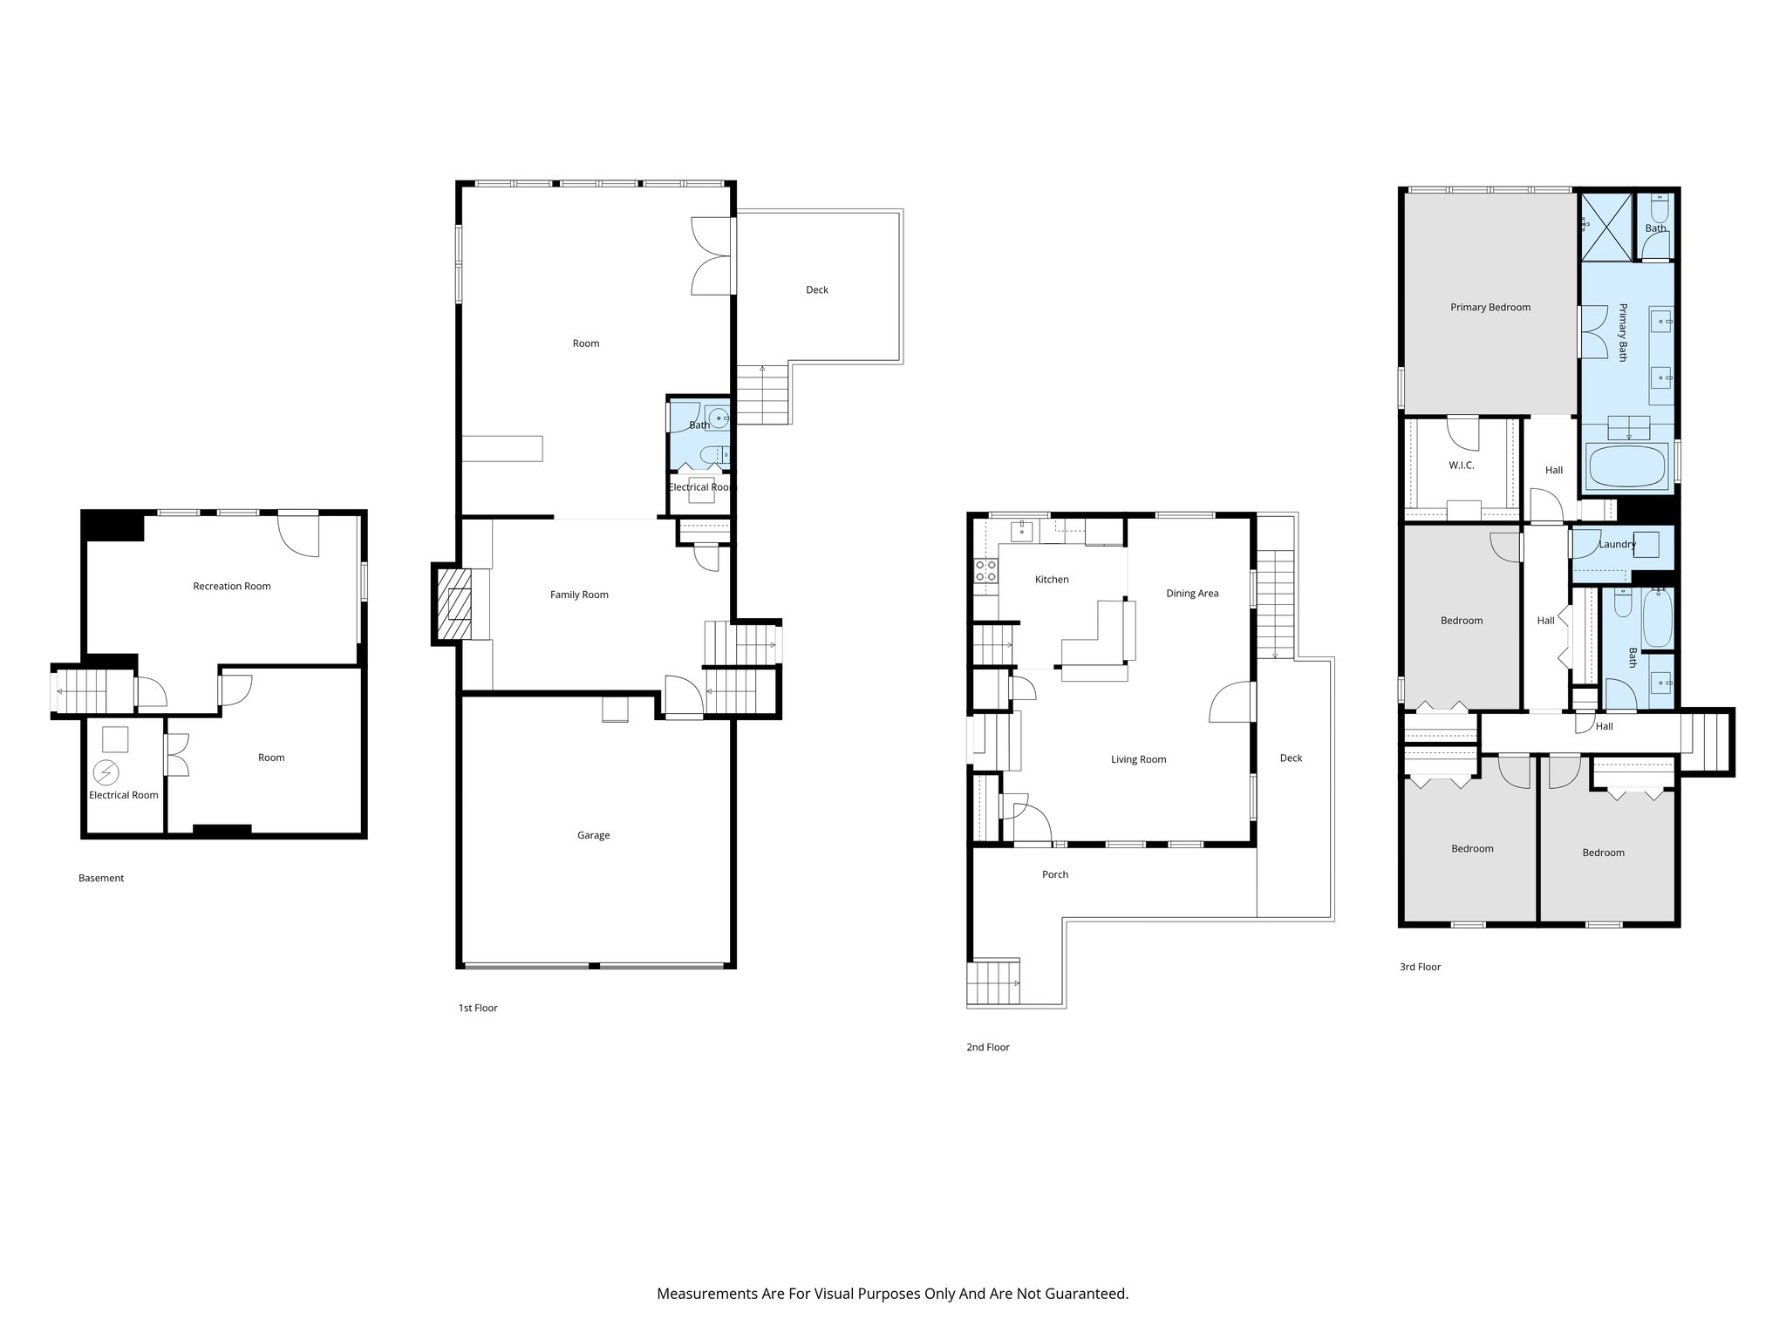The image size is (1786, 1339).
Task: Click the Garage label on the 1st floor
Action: tap(593, 835)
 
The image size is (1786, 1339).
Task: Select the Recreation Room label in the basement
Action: tap(232, 586)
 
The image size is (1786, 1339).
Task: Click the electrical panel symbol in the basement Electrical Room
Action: tap(106, 772)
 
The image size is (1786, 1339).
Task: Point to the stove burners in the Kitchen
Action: tap(986, 571)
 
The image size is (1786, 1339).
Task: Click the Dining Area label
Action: tap(1192, 594)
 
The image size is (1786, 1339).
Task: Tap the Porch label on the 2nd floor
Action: tap(1054, 874)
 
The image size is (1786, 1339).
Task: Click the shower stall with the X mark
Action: tap(1605, 227)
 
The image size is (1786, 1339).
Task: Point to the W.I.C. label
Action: tap(1462, 466)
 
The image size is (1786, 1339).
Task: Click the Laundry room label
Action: tap(1617, 544)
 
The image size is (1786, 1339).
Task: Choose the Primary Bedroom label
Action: tap(1490, 307)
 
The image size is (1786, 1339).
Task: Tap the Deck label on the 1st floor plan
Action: tap(817, 289)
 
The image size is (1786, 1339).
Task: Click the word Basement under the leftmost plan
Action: tap(101, 878)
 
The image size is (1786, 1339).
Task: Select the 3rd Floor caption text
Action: tap(1420, 967)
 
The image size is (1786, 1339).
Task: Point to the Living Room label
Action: tap(1138, 759)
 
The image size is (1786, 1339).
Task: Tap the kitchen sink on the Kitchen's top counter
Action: tap(1021, 531)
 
